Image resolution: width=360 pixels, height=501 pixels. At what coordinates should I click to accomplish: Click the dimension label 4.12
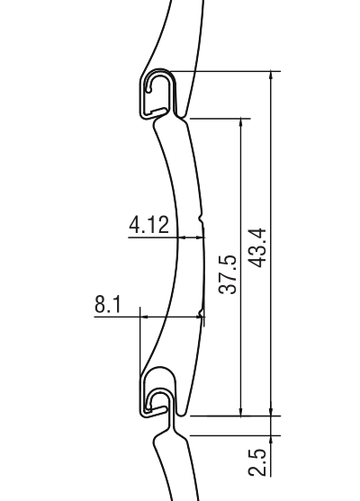pos(149,225)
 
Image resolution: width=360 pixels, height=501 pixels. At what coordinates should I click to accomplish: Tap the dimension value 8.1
pos(108,304)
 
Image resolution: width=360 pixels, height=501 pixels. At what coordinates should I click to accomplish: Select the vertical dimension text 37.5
pos(228,274)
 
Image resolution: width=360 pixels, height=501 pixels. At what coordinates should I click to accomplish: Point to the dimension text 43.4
pos(257,247)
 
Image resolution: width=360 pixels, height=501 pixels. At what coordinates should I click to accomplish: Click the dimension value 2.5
pos(257,462)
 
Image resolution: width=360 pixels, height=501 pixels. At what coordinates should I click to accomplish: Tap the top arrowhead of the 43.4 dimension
pos(271,75)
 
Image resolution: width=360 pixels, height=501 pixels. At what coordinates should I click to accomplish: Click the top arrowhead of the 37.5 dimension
pos(241,122)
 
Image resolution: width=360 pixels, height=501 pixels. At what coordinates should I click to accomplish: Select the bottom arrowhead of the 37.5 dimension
pos(241,412)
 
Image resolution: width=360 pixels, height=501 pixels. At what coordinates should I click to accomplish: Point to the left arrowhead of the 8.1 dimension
pos(145,317)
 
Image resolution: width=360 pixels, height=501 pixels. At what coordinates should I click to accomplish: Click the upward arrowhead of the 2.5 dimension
pos(271,440)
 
